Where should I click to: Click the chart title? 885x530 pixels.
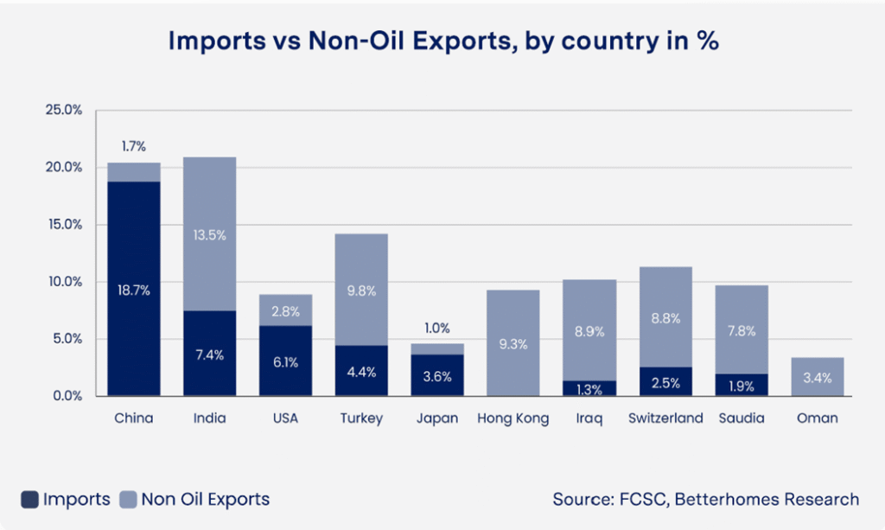442,41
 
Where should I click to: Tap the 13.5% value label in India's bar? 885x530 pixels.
210,235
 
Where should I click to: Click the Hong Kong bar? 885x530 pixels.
513,343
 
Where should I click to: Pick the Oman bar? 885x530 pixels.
817,377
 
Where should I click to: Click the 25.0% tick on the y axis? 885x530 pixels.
63,110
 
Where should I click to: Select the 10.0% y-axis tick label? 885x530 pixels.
63,282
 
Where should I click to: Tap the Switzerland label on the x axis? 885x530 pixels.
666,418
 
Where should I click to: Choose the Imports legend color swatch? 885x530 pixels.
29,500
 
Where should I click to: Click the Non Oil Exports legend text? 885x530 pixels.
206,500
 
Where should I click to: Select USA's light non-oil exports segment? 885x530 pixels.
286,310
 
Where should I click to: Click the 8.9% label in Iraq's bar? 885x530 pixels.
589,330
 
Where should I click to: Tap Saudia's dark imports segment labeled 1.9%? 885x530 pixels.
742,385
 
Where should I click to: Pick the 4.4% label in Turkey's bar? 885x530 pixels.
362,372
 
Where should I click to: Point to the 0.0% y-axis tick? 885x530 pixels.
66,396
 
